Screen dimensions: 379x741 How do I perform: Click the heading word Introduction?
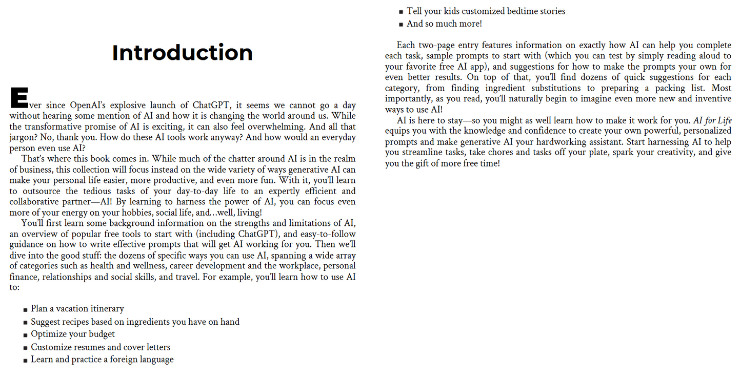pos(182,53)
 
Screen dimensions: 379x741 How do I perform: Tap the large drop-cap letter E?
pos(18,98)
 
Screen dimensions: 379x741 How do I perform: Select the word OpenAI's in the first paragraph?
pos(88,106)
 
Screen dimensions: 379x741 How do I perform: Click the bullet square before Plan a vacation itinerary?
pos(25,309)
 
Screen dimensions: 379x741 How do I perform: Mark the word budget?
pos(102,334)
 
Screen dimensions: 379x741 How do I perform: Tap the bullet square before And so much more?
pos(401,24)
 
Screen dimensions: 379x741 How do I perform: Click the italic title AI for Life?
pos(712,121)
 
